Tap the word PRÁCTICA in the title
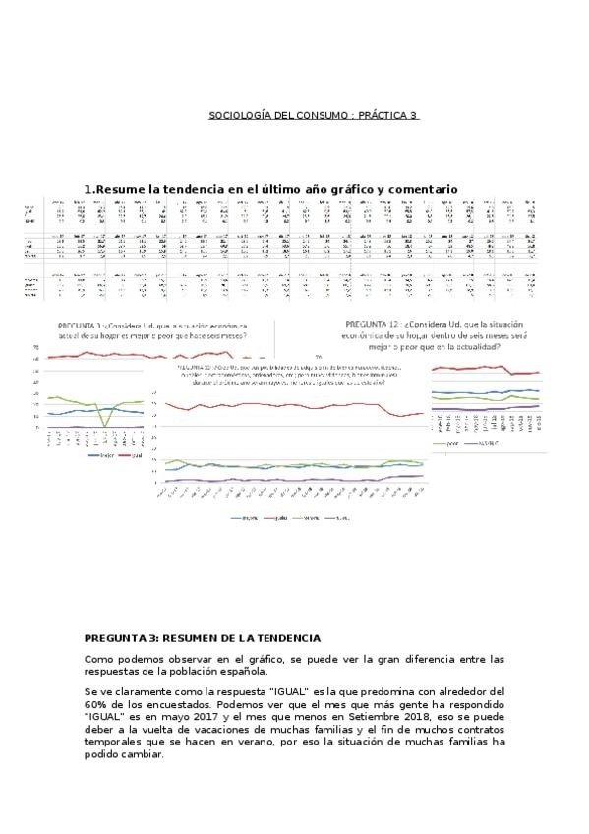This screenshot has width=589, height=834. pyautogui.click(x=383, y=115)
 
